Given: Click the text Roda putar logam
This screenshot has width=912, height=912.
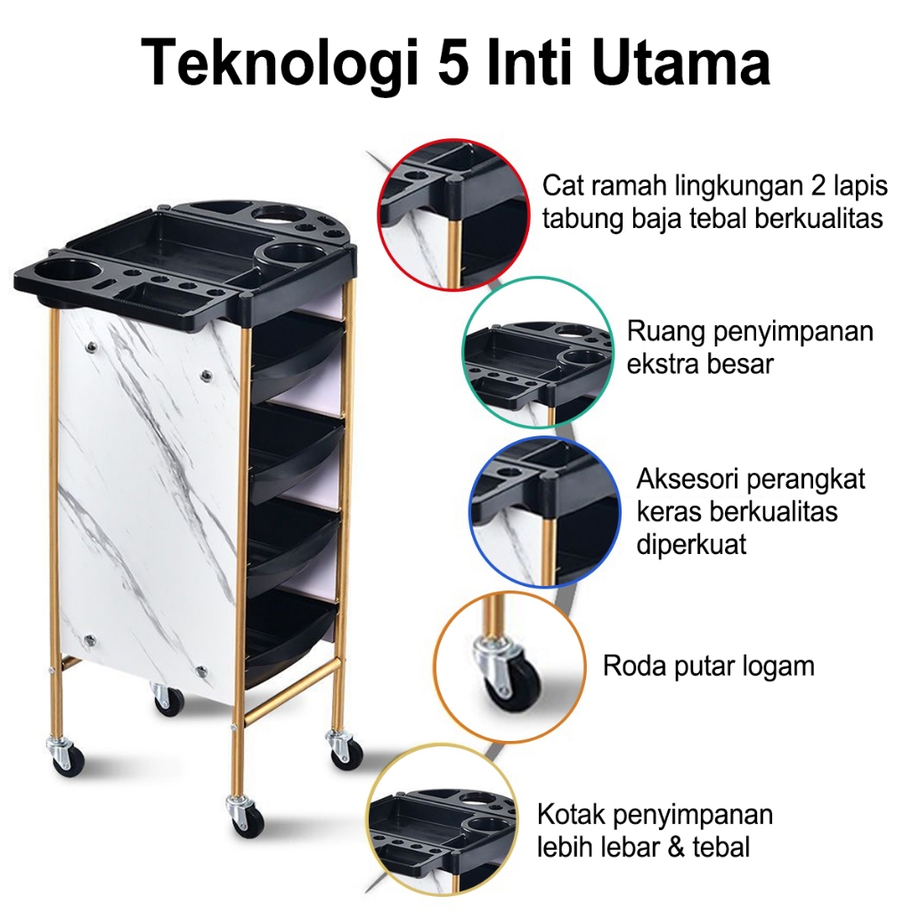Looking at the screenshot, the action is coord(709,665).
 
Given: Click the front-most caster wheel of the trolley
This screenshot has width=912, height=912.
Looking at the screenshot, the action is coord(243,819).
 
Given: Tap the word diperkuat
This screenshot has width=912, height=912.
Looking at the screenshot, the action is coord(691,544).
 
